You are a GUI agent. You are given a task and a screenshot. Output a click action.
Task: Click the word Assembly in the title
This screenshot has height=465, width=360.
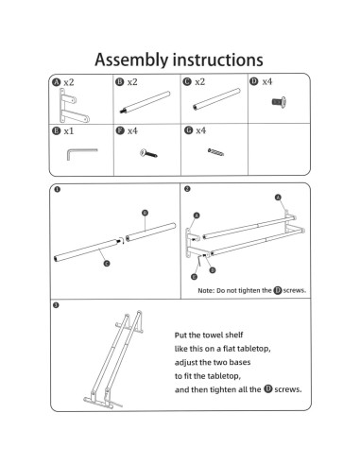131,60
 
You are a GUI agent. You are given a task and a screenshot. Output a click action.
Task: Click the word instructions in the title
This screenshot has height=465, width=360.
218,60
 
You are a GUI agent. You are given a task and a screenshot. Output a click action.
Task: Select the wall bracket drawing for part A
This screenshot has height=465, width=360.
74,106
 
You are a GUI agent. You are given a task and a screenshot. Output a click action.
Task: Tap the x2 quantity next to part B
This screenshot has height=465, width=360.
132,82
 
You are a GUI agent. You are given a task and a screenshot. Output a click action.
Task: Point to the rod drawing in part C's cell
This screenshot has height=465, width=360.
216,99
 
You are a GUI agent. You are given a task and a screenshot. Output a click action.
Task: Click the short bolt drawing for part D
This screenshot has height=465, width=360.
279,102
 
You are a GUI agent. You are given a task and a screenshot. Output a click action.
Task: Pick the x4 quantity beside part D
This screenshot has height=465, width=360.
267,82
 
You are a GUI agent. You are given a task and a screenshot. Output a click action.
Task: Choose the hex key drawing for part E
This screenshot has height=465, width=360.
82,153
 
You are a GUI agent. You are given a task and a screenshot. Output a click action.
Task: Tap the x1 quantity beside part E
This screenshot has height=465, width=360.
68,131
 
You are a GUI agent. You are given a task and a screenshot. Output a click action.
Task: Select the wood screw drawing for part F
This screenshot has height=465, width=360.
148,154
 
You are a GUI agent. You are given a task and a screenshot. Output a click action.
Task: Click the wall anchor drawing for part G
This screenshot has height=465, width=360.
215,152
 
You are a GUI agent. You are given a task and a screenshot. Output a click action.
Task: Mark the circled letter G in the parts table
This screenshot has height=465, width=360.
188,130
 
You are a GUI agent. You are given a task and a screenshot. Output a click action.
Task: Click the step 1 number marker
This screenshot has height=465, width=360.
57,189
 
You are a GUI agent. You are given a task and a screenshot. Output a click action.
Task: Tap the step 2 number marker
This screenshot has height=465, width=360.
187,189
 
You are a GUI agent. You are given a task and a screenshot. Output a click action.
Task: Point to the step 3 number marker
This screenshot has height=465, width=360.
56,305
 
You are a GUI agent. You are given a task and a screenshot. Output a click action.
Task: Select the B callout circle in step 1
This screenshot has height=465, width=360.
145,213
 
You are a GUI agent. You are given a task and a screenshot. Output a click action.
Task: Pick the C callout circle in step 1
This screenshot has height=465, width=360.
107,264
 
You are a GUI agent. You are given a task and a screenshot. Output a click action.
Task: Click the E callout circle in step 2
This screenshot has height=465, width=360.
194,277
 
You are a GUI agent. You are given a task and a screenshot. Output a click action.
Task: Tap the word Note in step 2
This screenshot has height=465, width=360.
206,291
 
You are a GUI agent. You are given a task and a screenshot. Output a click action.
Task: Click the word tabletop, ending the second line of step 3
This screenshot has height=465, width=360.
254,349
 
